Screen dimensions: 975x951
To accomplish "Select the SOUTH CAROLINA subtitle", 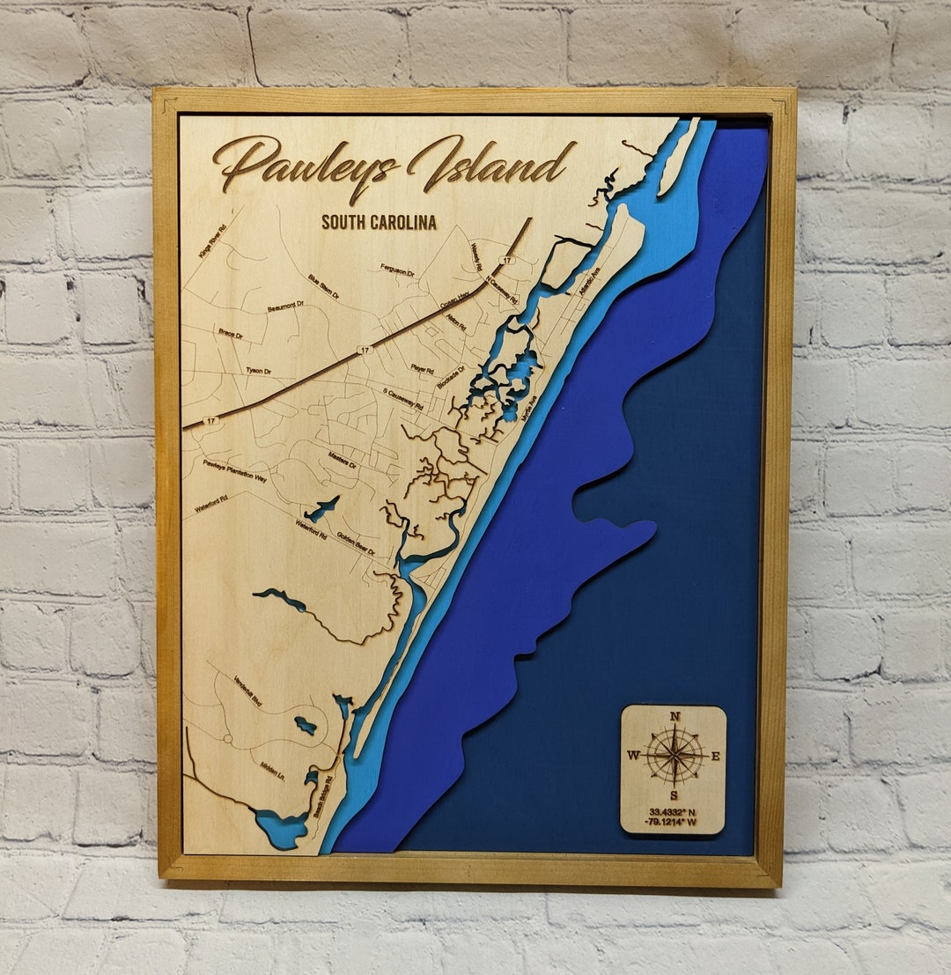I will click(379, 222).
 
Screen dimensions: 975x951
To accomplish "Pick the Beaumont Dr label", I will click(285, 307).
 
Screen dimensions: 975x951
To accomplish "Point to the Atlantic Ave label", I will click(589, 281).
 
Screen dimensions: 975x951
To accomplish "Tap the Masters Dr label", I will click(342, 460).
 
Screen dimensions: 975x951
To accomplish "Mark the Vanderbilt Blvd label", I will click(248, 691).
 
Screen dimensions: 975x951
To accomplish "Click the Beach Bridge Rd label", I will click(323, 796).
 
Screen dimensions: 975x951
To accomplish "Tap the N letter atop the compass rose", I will click(675, 717).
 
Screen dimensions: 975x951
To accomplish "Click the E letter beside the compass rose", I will click(715, 756).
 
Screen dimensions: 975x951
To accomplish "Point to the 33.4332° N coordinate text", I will click(674, 811).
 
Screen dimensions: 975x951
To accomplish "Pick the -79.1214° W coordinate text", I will click(674, 824).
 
